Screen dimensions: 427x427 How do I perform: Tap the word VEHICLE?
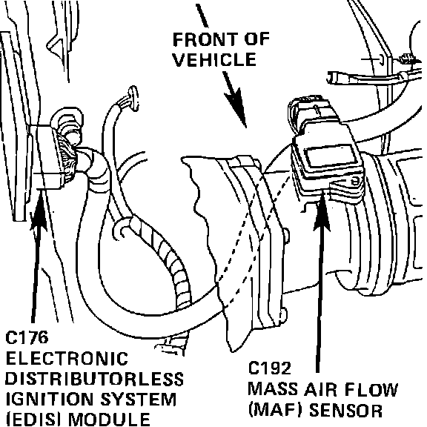coord(214,59)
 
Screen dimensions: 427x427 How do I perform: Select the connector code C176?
coord(27,337)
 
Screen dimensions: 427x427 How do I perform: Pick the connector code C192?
coord(269,368)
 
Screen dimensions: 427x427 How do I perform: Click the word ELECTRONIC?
coord(67,358)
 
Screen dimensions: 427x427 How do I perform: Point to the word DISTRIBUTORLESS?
coord(94,379)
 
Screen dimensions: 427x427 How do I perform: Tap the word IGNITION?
coord(49,400)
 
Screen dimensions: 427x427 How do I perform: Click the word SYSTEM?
coord(139,400)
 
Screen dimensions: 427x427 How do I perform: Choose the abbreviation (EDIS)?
coord(36,420)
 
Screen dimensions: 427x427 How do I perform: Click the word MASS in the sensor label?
coord(273,389)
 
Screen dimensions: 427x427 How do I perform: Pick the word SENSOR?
coord(346,409)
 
